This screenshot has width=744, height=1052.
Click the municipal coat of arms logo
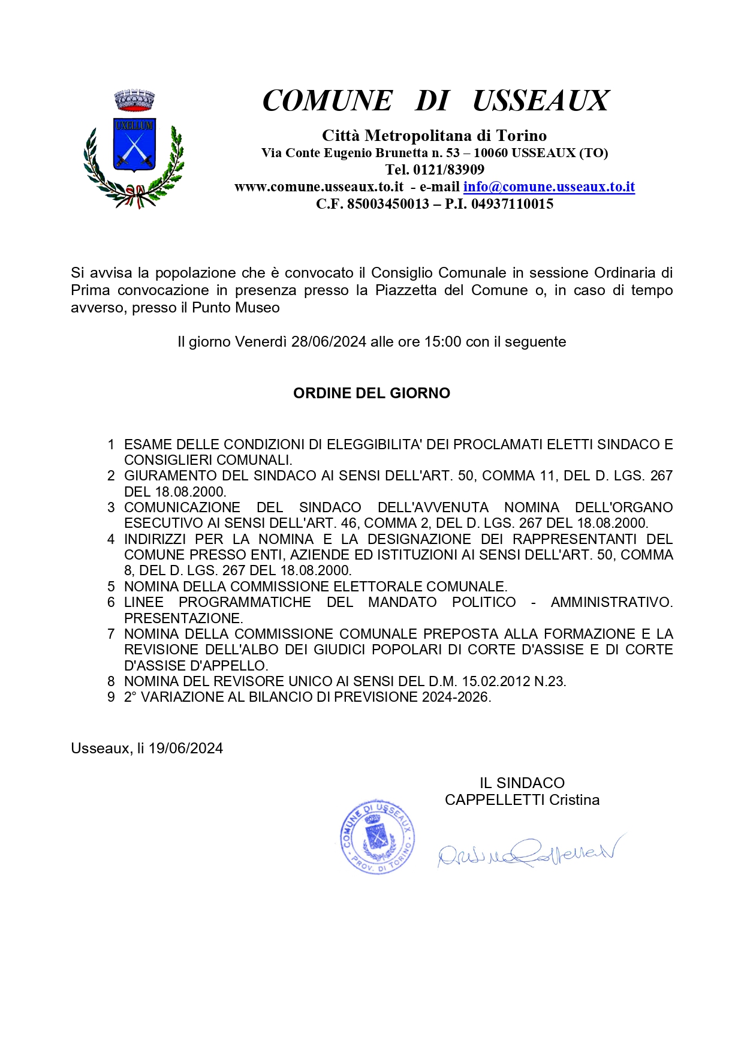click(x=134, y=149)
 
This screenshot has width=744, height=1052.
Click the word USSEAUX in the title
click(x=540, y=101)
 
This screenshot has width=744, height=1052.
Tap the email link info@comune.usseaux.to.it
click(x=549, y=187)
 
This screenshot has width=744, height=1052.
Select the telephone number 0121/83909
click(x=448, y=170)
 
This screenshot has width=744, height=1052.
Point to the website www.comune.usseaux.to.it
click(x=319, y=187)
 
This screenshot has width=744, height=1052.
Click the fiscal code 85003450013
click(x=387, y=204)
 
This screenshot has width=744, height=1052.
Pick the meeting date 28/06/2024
click(x=329, y=342)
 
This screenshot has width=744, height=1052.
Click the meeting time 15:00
click(x=442, y=342)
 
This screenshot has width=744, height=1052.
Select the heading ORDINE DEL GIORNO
click(x=372, y=393)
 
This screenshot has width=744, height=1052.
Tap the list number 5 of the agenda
click(x=111, y=587)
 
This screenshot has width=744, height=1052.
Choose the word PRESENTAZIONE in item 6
click(x=182, y=618)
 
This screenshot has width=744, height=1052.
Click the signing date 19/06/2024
click(x=186, y=749)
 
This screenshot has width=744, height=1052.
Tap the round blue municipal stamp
click(x=377, y=836)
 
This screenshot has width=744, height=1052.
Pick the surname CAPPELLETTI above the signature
click(x=495, y=800)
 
